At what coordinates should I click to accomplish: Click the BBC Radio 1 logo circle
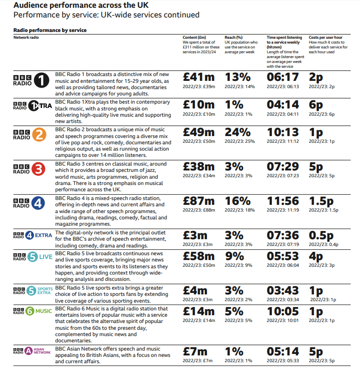tap(42, 80)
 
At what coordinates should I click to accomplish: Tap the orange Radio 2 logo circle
tap(39, 135)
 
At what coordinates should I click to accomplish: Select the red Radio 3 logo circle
tap(38, 169)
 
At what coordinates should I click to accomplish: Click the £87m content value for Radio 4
tap(199, 201)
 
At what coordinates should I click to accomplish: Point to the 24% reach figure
tap(238, 132)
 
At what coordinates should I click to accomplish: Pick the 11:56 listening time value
tap(283, 201)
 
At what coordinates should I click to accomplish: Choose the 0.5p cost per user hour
tap(321, 236)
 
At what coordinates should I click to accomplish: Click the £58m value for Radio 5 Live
tap(199, 256)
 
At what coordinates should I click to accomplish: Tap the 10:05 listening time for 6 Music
tap(283, 311)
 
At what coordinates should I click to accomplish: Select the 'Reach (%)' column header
tap(234, 37)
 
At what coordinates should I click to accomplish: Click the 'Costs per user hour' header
tap(326, 37)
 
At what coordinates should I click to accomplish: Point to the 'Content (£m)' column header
tap(194, 37)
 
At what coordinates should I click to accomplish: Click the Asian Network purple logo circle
tap(29, 351)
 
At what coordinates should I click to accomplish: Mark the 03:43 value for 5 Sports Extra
tap(283, 291)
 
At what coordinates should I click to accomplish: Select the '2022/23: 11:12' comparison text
tap(283, 141)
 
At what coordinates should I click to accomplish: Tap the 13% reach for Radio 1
tap(238, 77)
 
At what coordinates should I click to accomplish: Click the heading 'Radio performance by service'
tap(50, 31)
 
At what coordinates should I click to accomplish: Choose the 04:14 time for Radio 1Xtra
tap(283, 105)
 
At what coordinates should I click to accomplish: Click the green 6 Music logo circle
tap(30, 311)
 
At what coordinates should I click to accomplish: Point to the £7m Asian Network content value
tap(195, 352)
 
